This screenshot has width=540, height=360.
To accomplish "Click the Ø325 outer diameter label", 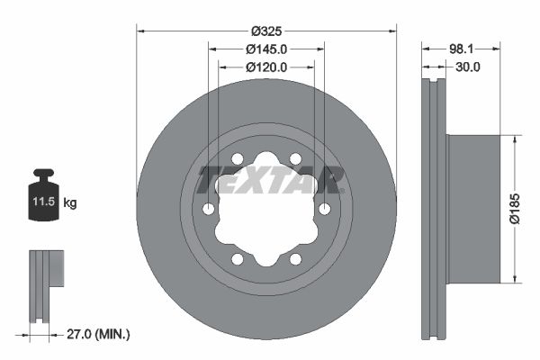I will point(265,30).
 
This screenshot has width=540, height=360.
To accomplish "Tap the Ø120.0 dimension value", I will point(265,67).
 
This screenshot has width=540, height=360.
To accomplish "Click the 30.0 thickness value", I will point(468,67).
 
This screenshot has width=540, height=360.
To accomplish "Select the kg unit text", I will point(70,203).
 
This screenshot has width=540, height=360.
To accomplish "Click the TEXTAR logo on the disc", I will point(271,180).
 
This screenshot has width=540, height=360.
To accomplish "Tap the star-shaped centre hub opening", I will point(266,209).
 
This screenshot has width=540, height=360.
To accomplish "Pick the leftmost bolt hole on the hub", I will point(209,209).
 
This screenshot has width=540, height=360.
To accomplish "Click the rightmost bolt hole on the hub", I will point(324,209).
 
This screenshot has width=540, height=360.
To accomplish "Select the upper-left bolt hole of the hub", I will point(238,159).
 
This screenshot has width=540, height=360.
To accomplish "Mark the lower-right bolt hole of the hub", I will point(295,259).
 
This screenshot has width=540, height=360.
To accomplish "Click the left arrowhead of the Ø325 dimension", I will point(140,30).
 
